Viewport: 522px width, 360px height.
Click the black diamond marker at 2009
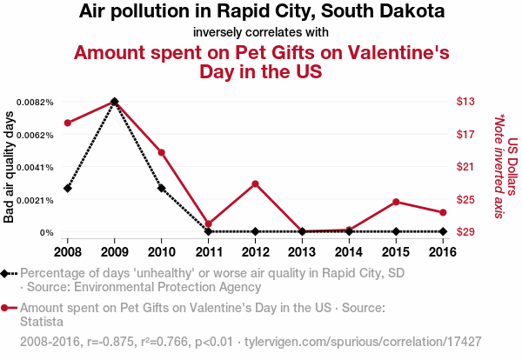[115, 102]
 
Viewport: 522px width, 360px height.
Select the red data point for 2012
[255, 183]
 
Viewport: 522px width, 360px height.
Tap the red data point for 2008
[68, 123]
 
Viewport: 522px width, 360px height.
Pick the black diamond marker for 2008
[68, 188]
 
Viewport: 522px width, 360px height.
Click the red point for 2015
[396, 202]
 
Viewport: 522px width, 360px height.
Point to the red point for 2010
[162, 152]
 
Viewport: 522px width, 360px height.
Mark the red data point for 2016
[443, 212]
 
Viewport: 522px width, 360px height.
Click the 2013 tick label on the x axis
[302, 252]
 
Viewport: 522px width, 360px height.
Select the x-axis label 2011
[208, 252]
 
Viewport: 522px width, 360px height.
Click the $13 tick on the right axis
[465, 102]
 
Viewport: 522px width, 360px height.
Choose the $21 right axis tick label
[465, 167]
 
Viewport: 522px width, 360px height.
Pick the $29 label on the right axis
[465, 232]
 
